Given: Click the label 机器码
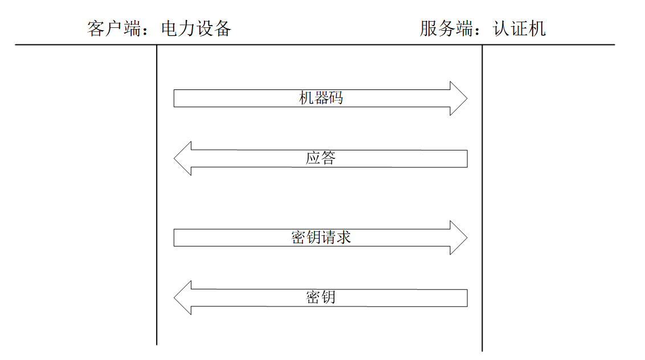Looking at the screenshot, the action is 321,99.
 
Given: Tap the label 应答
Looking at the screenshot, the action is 321,158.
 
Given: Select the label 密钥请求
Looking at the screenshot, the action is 321,238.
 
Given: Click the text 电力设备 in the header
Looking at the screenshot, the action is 196,29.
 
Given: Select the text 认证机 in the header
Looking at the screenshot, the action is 520,29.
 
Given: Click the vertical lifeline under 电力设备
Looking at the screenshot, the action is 157,195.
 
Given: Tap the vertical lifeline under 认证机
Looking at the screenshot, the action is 482,198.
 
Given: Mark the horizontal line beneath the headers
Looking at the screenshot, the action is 315,44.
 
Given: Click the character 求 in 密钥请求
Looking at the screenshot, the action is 344,238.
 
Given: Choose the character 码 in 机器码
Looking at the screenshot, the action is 336,99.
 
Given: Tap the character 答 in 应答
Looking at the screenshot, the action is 328,158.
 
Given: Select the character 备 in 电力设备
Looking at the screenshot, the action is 223,29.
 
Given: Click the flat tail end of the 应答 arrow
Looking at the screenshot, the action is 467,158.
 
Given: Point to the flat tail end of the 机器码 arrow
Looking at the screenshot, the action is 174,99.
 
